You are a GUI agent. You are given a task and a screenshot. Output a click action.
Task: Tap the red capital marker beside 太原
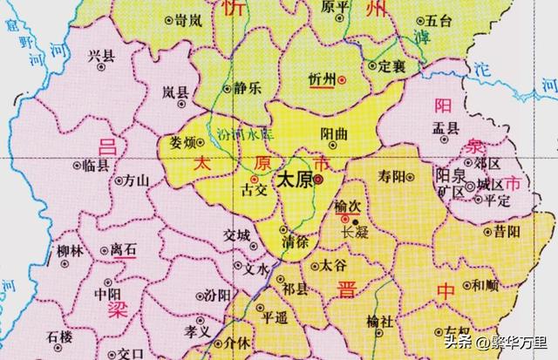coord(318,181)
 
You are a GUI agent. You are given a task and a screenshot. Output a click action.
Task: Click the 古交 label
coord(253,188)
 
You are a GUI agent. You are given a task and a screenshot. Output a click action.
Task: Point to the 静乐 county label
coord(248,87)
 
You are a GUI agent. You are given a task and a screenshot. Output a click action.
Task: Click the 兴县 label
coord(102,56)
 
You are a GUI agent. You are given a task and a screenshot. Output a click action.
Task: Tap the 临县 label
coord(96,163)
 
